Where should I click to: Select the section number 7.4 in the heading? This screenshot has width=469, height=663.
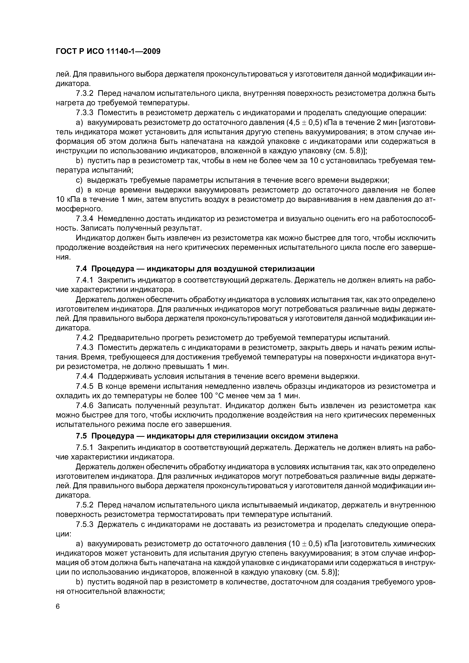pos(81,269)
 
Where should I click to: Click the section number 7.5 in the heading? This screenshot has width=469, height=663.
pos(81,436)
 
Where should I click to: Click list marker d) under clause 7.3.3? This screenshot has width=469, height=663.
pos(79,190)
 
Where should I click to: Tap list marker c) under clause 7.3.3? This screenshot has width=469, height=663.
pos(79,180)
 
